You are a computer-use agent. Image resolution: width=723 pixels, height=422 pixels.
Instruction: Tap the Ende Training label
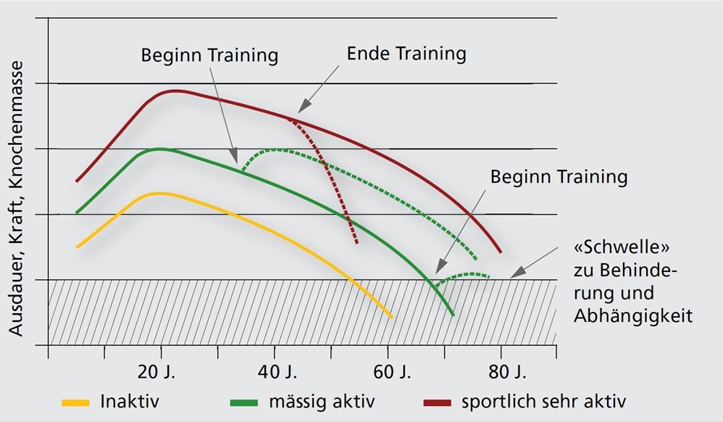point(406,53)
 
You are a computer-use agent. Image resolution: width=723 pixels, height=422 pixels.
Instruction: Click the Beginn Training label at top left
point(209,55)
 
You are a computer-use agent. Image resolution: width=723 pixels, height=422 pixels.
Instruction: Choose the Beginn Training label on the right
point(559,176)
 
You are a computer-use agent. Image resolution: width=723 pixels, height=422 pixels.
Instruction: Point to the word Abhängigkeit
point(633,316)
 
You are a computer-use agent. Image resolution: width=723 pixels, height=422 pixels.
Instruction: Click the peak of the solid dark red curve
point(175,91)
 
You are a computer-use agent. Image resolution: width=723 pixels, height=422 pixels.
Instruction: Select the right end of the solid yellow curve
point(392,318)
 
